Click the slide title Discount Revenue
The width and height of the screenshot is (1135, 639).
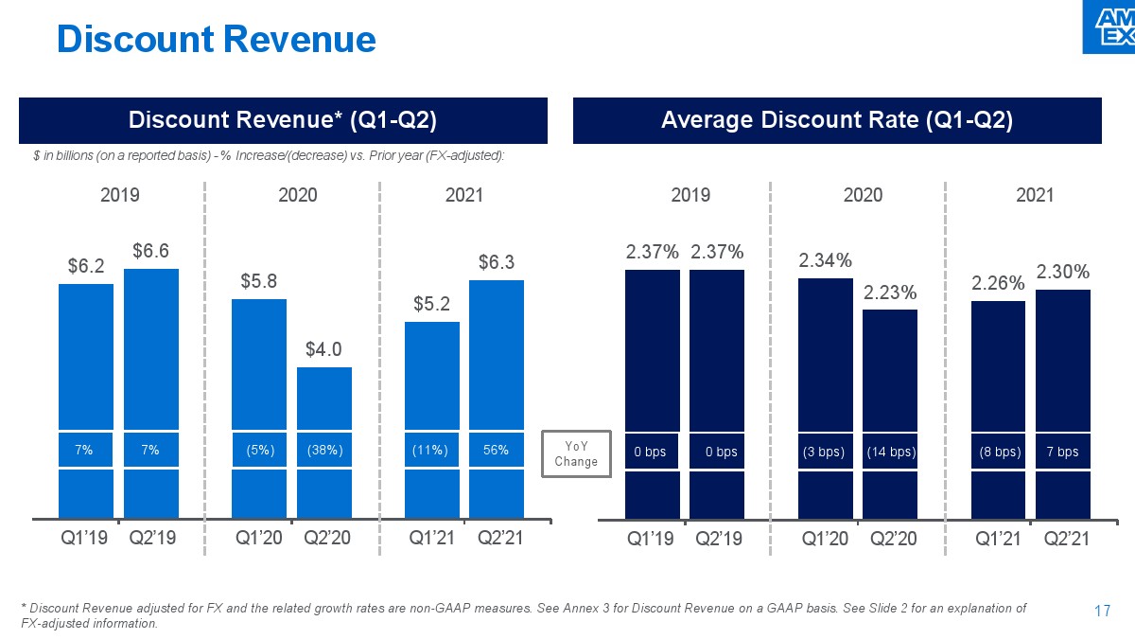[217, 39]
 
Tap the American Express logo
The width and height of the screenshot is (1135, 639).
[1108, 27]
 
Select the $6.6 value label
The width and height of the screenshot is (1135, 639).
[151, 251]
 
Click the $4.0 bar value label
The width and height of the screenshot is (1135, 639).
[324, 349]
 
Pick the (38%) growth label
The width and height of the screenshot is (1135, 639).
[324, 451]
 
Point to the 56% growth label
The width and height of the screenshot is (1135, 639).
[497, 451]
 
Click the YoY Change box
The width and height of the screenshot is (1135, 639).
[576, 453]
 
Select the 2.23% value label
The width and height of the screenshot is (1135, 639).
[890, 293]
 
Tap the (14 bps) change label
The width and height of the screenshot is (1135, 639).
[890, 452]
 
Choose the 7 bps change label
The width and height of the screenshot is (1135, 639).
[1063, 452]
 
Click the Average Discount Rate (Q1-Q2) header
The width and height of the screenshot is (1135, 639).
[837, 120]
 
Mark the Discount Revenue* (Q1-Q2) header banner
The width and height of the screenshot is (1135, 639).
[283, 120]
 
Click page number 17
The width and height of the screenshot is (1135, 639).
[1101, 612]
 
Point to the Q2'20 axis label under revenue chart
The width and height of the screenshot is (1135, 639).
[327, 539]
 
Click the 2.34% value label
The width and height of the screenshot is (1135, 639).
[826, 260]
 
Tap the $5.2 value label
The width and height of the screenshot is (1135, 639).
[431, 304]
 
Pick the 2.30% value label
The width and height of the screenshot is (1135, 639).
[1063, 272]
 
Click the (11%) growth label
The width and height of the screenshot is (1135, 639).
[432, 451]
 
